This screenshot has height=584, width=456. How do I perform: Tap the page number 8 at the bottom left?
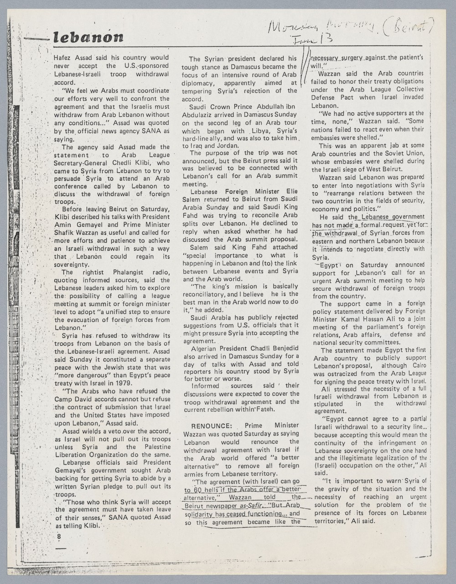tap(59, 537)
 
